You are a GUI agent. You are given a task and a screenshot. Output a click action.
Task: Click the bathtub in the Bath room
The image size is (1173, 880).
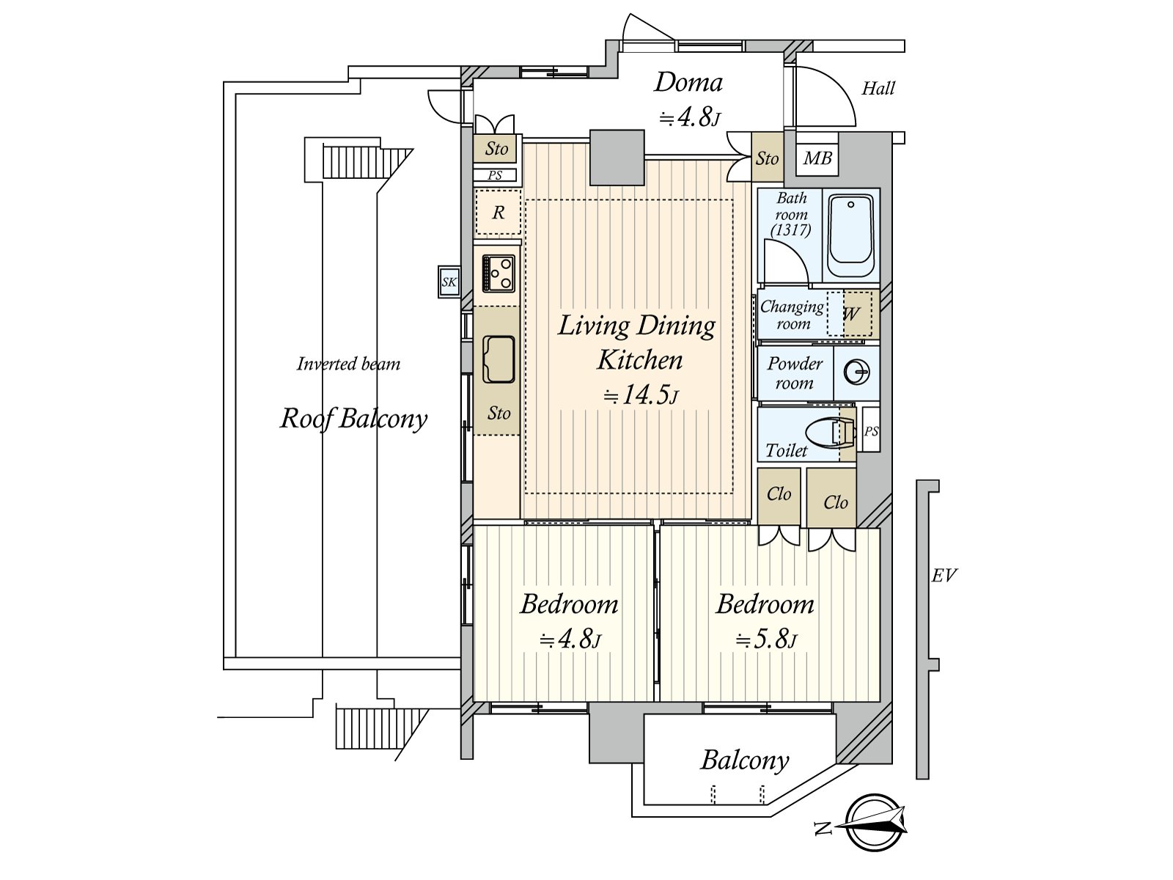coord(850,235)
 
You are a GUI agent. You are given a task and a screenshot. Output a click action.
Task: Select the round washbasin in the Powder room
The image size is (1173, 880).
coord(856,373)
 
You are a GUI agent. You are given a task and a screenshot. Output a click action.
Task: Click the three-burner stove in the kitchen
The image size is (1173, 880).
coord(498,274)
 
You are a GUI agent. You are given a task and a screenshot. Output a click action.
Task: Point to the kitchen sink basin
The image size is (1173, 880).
coord(498,359)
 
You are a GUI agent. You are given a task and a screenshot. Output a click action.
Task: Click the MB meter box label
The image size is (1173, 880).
coord(817,158)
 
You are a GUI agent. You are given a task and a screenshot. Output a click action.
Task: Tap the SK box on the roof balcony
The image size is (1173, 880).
coord(449,282)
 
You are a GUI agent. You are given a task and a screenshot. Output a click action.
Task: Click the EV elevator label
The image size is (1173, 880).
coord(944,576)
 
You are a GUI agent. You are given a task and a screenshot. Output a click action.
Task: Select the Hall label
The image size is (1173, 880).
coord(878,88)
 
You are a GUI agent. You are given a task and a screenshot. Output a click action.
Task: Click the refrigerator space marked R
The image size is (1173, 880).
coord(498,212)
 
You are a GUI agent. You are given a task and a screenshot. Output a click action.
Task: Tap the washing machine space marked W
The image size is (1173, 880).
coord(850,313)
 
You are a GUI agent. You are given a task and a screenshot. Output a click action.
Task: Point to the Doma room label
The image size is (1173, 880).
coord(688,83)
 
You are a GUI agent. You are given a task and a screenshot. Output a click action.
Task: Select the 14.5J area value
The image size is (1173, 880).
coord(641,395)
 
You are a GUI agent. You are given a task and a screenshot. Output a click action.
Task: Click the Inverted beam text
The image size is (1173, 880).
coord(348,364)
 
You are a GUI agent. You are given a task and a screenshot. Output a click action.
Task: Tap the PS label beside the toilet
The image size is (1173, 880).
coord(871,430)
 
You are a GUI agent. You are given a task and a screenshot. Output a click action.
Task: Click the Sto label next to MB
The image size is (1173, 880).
coord(767,158)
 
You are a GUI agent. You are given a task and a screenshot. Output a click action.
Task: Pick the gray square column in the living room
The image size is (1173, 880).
coord(617,157)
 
